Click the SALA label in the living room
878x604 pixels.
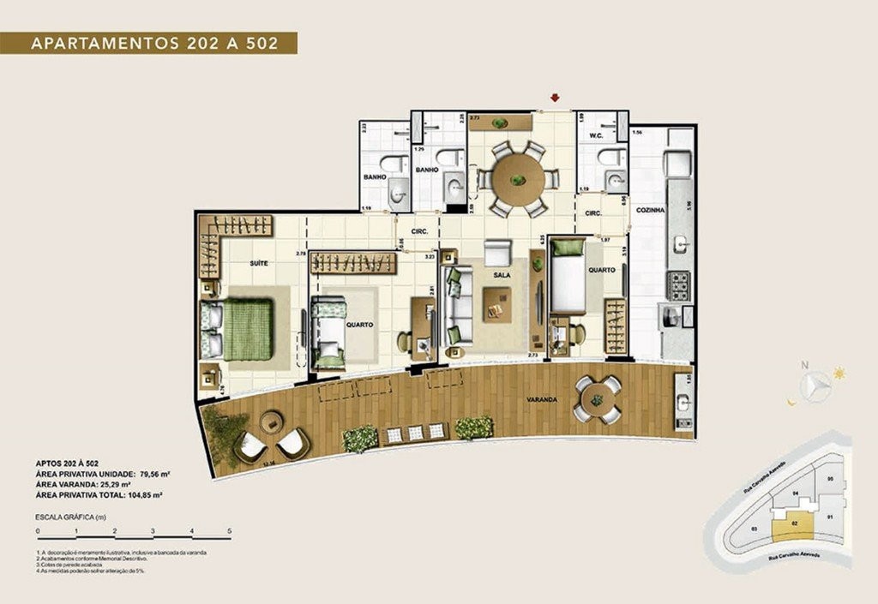point(502,274)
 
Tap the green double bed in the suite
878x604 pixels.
point(247,329)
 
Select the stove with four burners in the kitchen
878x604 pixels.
point(678,285)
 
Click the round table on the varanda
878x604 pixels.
point(597,398)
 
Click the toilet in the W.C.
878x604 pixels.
point(611,157)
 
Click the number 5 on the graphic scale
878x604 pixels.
point(229,532)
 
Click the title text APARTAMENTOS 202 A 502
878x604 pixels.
point(154,44)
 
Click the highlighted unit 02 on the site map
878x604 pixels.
point(794,523)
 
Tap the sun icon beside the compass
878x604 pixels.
point(838,373)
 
